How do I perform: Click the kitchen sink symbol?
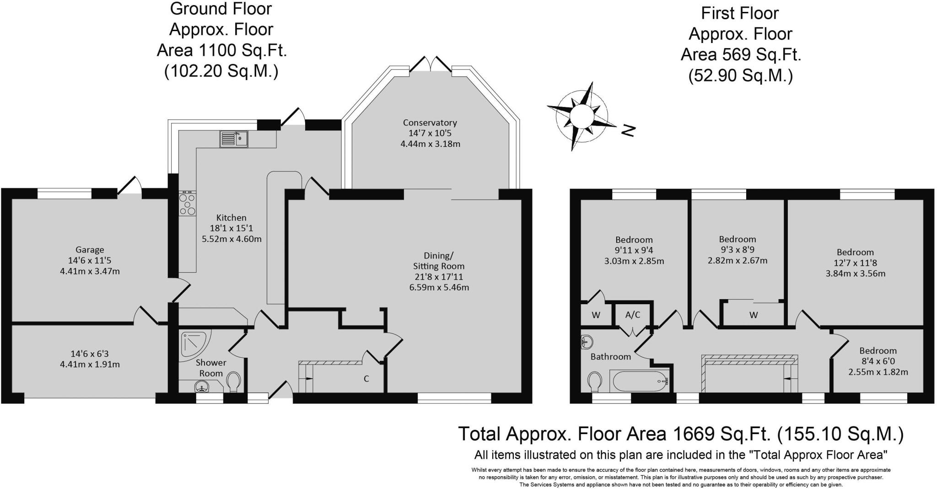point(234,139)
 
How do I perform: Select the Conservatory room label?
point(430,123)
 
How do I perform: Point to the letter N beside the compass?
point(629,131)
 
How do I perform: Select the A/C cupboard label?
point(633,315)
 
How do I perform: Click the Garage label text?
point(90,250)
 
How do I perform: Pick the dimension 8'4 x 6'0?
point(878,361)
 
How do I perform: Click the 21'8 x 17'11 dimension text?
point(439,277)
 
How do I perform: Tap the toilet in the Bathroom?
point(595,382)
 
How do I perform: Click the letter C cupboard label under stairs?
point(366,379)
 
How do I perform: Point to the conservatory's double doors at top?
point(431,64)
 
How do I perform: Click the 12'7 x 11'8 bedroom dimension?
point(855,263)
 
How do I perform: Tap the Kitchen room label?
point(232,218)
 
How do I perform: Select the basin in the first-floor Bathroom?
point(587,341)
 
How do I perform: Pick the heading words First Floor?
point(740,13)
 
